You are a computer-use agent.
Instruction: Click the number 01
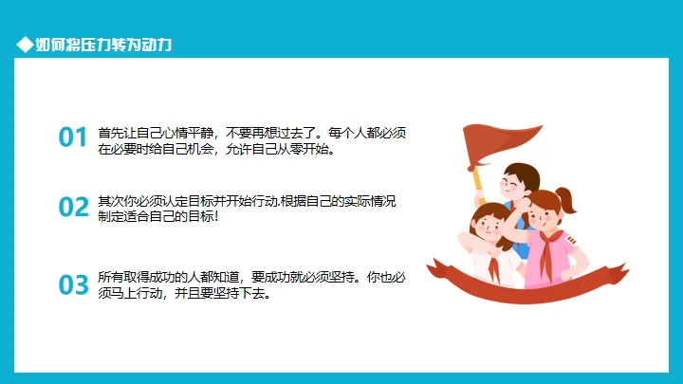pyautogui.click(x=72, y=138)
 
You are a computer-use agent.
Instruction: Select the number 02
pyautogui.click(x=72, y=208)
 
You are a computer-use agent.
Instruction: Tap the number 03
pyautogui.click(x=72, y=285)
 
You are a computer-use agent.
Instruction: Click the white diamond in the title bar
pyautogui.click(x=25, y=45)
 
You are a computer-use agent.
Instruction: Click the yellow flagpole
pyautogui.click(x=477, y=177)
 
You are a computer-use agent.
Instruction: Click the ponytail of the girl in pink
pyautogui.click(x=567, y=199)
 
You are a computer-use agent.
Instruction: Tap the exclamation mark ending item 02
pyautogui.click(x=217, y=217)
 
